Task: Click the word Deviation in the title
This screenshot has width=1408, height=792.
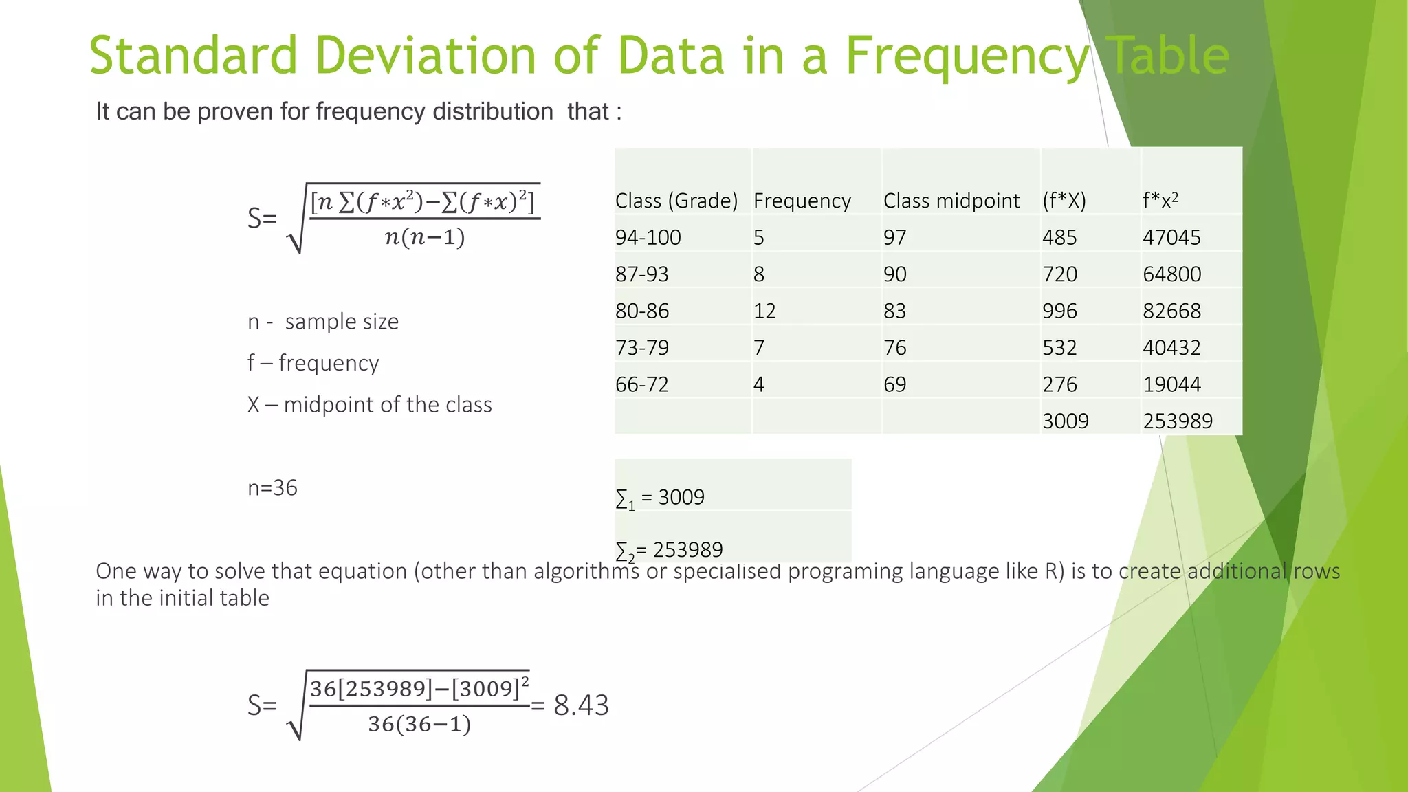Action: (x=425, y=55)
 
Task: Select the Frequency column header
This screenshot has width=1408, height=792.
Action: (x=802, y=201)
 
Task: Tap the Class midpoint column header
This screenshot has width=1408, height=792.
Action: (x=951, y=201)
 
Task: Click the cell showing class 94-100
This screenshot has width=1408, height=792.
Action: (x=648, y=238)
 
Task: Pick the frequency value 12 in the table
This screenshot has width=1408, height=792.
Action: (x=764, y=311)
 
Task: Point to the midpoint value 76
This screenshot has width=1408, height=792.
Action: (x=894, y=348)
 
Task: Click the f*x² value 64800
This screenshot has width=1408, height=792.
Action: (x=1171, y=274)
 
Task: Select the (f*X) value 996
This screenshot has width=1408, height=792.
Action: (x=1059, y=311)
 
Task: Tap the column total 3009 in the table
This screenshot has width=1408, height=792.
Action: (x=1065, y=421)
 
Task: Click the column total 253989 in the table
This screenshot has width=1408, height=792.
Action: (x=1177, y=421)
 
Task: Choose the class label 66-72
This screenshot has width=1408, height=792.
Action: (x=641, y=384)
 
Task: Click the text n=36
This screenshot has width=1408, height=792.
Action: (x=272, y=488)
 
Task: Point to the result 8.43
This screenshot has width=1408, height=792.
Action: (x=581, y=705)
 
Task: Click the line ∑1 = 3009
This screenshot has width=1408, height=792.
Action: (x=660, y=498)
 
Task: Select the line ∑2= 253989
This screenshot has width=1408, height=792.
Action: (x=669, y=550)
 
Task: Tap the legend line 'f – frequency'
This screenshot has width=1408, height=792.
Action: (x=313, y=363)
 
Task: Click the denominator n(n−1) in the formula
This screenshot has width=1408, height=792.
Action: (x=424, y=237)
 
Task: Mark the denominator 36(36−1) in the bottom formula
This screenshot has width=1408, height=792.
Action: (x=419, y=724)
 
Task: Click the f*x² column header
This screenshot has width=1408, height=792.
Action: (x=1160, y=201)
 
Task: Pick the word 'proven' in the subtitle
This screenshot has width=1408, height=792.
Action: (x=234, y=111)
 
